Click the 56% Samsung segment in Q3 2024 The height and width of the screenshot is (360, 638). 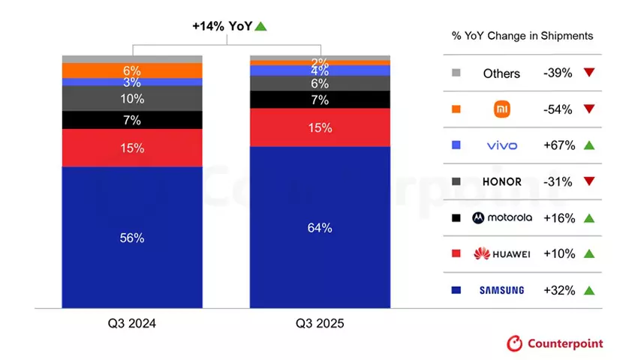[132, 237]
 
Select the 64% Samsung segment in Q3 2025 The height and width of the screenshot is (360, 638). [320, 227]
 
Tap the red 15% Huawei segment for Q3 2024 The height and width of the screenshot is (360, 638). [132, 148]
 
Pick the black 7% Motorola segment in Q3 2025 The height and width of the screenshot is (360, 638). [320, 100]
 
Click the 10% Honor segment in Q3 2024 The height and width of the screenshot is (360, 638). [132, 98]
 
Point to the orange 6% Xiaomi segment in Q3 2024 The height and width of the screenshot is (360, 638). [132, 70]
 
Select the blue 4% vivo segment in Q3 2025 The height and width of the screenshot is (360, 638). [320, 70]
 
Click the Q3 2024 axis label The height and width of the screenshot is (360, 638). [132, 323]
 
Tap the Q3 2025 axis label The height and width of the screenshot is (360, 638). [320, 323]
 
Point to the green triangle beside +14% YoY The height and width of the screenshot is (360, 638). [261, 26]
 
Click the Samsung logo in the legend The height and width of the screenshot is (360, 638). [501, 290]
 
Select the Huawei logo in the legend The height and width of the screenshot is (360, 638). [501, 254]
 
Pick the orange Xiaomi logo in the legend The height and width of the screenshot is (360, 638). [501, 109]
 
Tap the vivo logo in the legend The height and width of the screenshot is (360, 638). [501, 145]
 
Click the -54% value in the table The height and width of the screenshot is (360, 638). [557, 109]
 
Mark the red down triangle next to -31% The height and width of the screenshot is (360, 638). [588, 181]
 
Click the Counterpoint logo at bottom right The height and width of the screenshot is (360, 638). [555, 343]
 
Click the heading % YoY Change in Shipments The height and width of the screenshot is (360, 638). [522, 35]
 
